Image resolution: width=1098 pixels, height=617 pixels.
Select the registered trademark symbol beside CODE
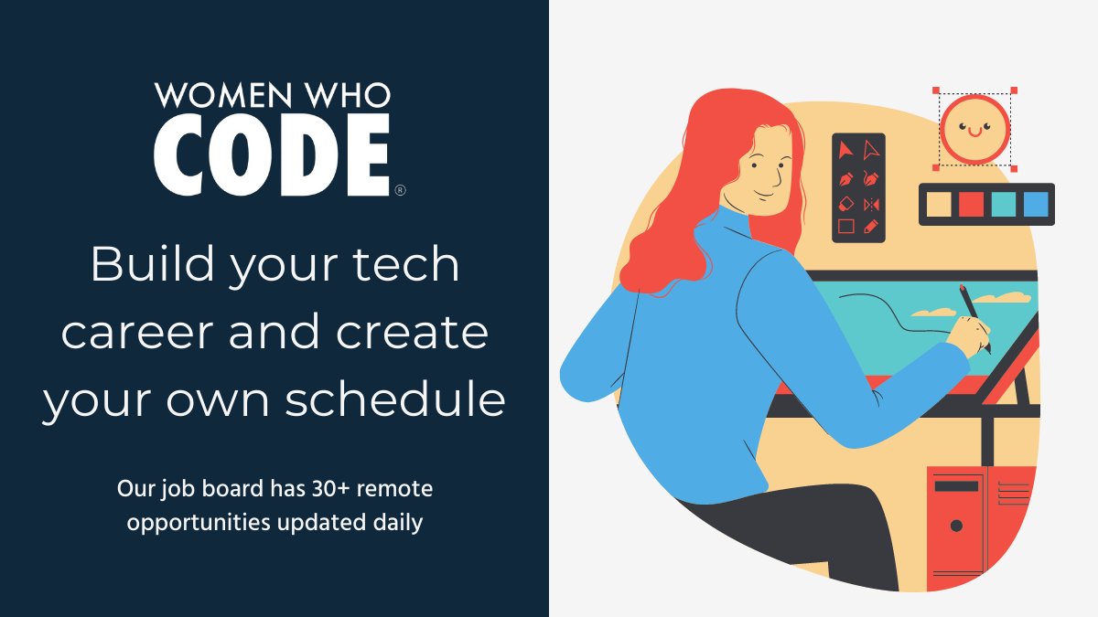[399, 190]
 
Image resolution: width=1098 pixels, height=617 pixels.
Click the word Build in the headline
[150, 266]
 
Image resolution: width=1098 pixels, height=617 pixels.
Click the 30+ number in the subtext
[304, 490]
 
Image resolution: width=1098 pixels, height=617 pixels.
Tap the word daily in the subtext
[393, 524]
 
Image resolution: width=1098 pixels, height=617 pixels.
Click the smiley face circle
[974, 129]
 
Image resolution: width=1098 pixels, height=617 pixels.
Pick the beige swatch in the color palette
[940, 205]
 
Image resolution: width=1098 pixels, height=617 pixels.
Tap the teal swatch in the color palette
[1004, 205]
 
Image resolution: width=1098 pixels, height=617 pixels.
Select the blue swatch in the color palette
[1036, 205]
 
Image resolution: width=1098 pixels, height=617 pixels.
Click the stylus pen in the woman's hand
[974, 315]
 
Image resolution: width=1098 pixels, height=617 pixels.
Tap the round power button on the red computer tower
[956, 526]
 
